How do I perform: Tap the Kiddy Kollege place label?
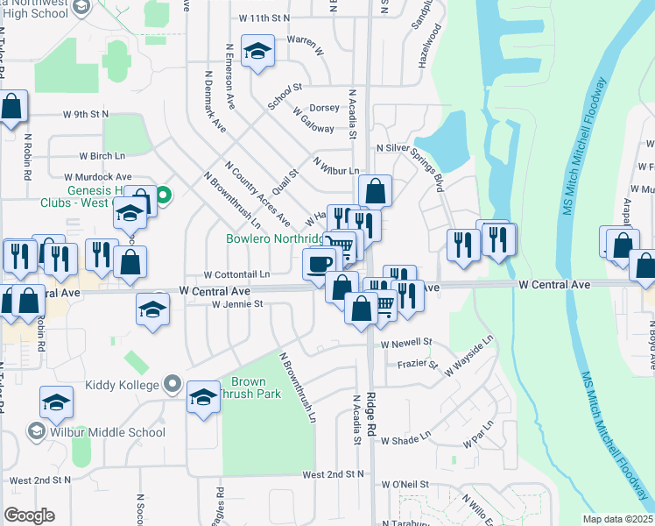point(122,385)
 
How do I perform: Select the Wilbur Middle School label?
point(108,431)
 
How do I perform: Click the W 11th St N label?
point(264,18)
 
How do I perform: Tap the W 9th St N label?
point(85,114)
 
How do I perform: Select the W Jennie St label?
point(237,304)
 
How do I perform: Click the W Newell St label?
point(406,342)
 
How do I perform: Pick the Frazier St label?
point(417,363)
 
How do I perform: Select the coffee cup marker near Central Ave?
point(320,262)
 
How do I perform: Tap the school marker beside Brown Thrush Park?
point(203,396)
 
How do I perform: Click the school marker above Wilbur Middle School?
point(56,402)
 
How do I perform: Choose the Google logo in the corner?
point(29,515)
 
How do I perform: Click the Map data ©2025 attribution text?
point(616,519)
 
